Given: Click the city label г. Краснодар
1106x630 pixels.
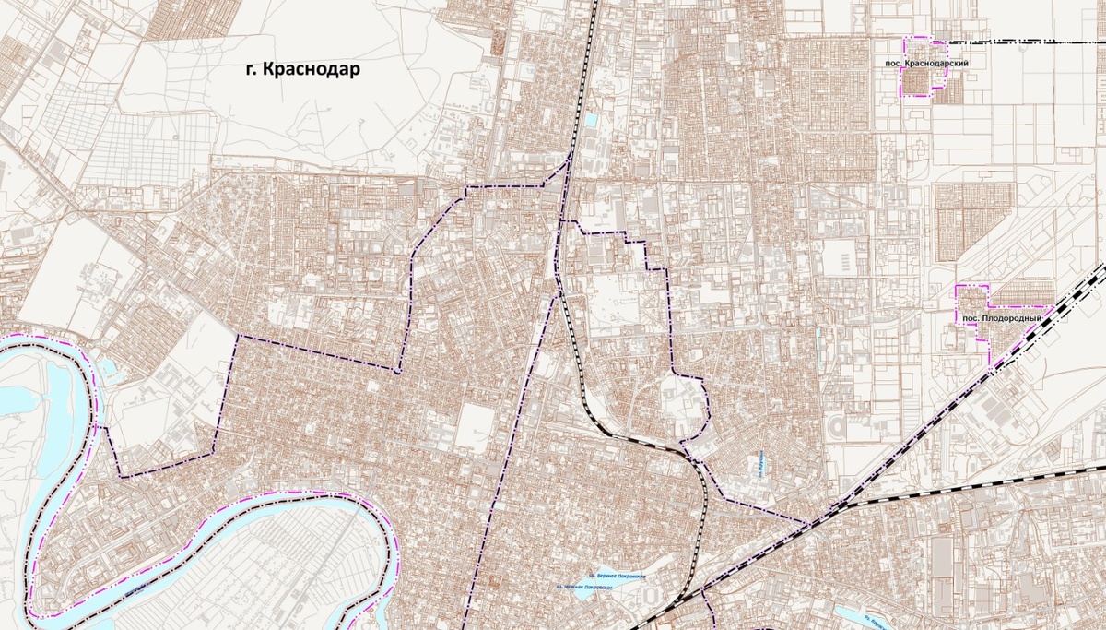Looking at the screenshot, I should click(302, 70).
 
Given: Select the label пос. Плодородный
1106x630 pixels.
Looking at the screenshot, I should click(1002, 318).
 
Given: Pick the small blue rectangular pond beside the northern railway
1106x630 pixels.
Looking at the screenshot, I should click(590, 120).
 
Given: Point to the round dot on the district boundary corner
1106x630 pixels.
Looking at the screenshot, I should click(397, 372).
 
